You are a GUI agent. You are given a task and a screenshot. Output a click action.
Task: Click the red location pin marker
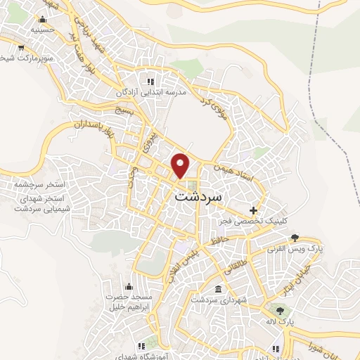pyautogui.click(x=181, y=165)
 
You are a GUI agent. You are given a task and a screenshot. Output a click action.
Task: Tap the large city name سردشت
pyautogui.click(x=197, y=198)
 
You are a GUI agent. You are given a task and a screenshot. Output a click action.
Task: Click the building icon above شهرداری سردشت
pyautogui.click(x=218, y=290)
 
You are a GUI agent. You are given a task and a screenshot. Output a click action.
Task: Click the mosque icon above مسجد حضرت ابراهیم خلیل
pyautogui.click(x=129, y=286)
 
